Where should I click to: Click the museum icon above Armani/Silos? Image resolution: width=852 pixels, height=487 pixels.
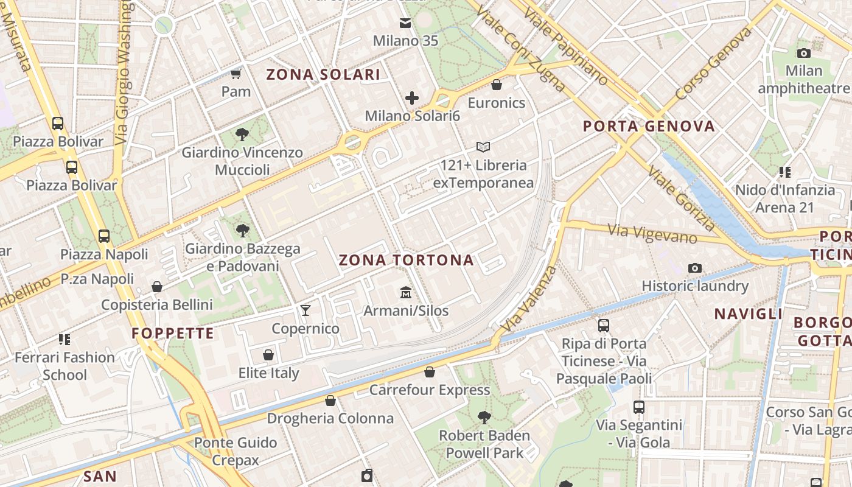coord(406,293)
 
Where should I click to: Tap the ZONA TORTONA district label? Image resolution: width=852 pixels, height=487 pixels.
coord(406,261)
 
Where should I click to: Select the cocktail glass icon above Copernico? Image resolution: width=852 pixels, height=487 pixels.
coord(306,311)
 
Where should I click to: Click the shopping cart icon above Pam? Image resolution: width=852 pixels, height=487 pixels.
coord(236,74)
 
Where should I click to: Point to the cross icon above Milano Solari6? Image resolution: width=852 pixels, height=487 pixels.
coord(412,97)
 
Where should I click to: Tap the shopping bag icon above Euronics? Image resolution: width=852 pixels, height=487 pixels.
coord(497,85)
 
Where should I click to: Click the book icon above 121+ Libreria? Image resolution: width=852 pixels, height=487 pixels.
coord(483,147)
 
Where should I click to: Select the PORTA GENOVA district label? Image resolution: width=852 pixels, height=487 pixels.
coord(649,127)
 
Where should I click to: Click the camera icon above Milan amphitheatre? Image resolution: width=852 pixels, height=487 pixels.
coord(804,53)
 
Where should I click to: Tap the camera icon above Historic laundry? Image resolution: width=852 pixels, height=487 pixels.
coord(694,268)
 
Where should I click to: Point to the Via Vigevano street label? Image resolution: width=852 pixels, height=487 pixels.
coord(652,234)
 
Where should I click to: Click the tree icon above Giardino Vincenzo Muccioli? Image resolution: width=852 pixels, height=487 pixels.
coord(242,134)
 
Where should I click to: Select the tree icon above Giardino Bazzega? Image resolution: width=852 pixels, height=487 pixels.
coord(243,230)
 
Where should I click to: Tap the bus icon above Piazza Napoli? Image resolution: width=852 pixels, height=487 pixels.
coord(104,236)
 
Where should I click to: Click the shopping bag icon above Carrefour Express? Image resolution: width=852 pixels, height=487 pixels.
coord(430,372)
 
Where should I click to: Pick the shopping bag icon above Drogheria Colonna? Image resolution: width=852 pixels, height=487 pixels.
coord(330,401)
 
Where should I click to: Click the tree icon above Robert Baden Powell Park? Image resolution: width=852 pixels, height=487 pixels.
coord(484,418)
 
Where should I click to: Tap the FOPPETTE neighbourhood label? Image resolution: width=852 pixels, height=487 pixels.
coord(173,334)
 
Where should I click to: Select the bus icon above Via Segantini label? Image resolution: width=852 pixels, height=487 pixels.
coord(639,407)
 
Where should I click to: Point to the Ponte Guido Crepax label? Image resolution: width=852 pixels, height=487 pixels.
coord(236,451)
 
